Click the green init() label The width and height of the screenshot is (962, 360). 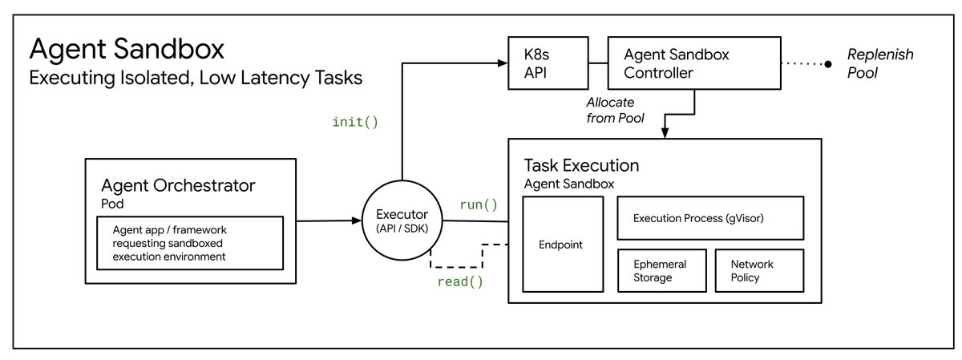point(355,123)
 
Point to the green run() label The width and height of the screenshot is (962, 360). point(479,205)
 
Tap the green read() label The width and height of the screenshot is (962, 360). point(460,281)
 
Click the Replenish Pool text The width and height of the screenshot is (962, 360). point(880,63)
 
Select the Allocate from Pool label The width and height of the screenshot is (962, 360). point(616,110)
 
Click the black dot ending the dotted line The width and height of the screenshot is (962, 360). point(828,64)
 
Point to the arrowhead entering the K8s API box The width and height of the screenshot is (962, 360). point(503,63)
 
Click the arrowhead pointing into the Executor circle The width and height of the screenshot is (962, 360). point(357,220)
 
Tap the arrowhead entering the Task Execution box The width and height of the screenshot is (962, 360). point(665,133)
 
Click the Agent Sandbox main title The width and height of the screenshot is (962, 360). point(127,49)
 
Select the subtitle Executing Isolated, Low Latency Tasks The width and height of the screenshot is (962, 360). point(196,79)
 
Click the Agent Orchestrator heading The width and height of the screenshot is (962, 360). point(178,185)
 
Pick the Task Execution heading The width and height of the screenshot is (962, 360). point(581,165)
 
